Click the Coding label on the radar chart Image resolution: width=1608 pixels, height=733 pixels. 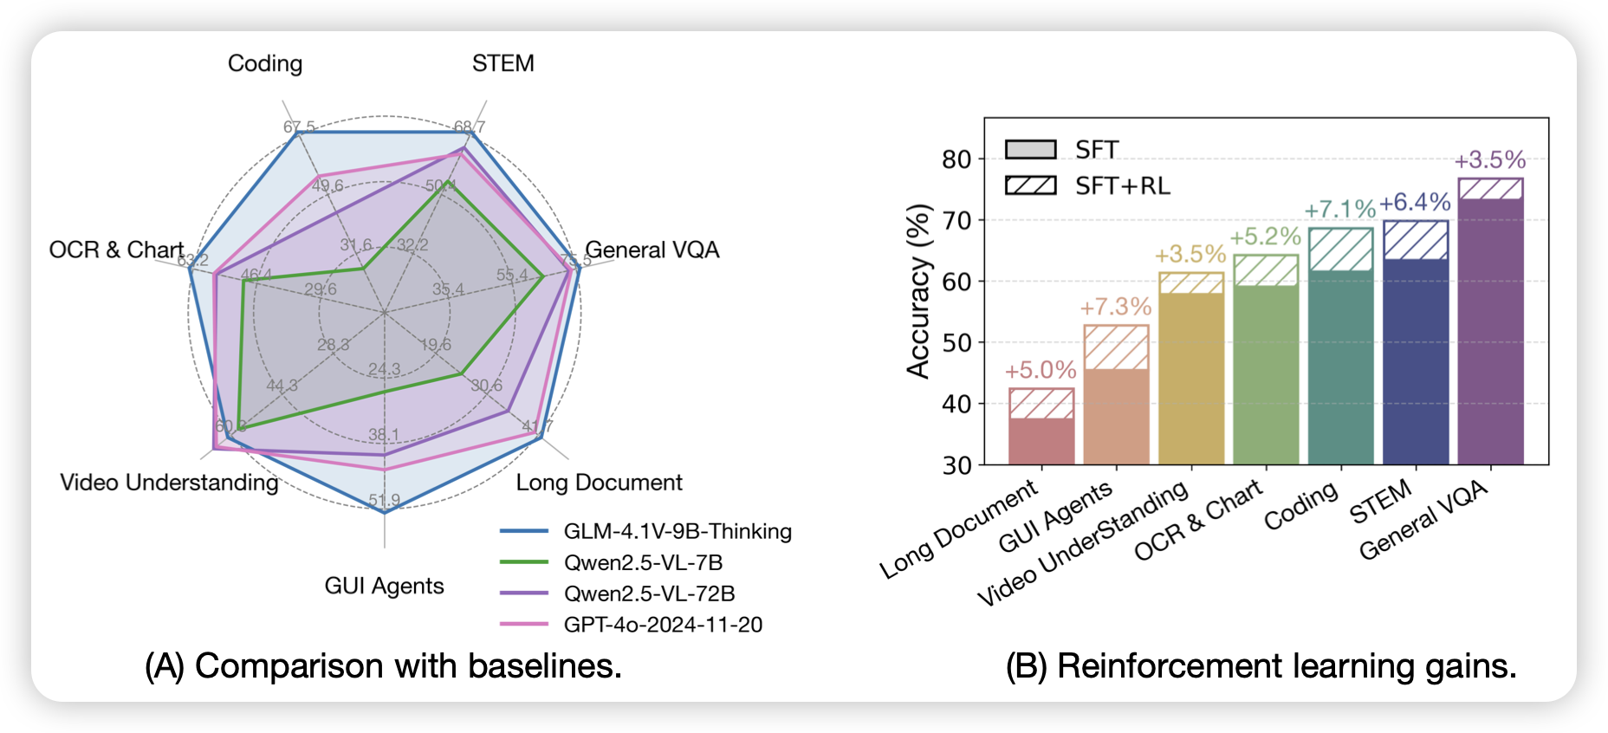coord(265,63)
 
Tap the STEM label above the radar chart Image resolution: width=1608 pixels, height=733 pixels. coord(502,63)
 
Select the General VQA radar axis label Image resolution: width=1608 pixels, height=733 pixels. coord(652,250)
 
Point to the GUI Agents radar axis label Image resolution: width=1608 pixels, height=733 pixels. coord(384,586)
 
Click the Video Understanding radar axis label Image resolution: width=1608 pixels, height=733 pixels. coord(169,482)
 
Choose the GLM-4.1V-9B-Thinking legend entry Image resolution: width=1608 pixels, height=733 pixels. coord(677,531)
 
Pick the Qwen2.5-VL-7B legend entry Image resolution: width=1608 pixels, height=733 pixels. coord(642,562)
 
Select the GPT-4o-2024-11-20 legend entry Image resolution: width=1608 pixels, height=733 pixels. coord(662,625)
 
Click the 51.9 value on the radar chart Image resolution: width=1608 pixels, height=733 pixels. coord(384,500)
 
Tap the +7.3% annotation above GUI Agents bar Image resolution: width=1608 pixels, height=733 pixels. coord(1115,307)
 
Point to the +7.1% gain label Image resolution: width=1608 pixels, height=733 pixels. coord(1339,209)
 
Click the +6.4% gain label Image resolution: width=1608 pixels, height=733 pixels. coord(1415,202)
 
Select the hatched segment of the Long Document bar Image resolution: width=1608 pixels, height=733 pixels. coord(1041,404)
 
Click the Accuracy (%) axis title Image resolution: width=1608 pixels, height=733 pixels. coord(917,291)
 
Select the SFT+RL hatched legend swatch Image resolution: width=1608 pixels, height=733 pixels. coord(1030,185)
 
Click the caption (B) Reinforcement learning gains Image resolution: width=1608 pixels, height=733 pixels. coord(1261,665)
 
